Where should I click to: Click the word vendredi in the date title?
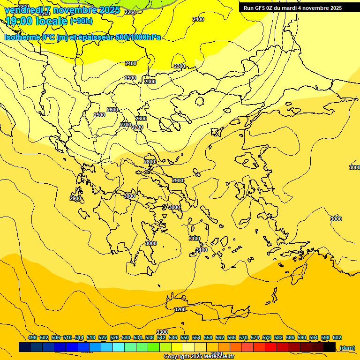[24, 10]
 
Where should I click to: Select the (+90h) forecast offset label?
[81, 21]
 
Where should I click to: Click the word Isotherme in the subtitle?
[22, 37]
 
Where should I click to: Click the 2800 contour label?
[150, 162]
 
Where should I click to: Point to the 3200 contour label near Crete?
[180, 309]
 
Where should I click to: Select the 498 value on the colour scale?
[32, 337]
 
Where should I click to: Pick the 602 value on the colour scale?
[337, 337]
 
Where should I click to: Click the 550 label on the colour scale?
[185, 337]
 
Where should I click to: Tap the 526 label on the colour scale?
[114, 337]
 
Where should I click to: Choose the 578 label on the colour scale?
[267, 337]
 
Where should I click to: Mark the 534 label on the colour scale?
[138, 337]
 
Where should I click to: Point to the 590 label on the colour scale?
[302, 337]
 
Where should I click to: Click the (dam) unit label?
[347, 348]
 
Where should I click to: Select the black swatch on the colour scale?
[330, 347]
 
